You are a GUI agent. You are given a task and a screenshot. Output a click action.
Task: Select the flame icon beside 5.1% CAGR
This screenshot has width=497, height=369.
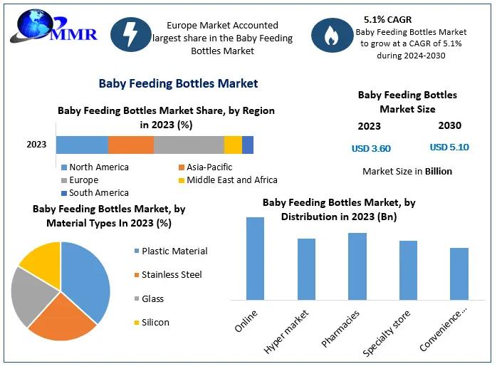click(x=331, y=36)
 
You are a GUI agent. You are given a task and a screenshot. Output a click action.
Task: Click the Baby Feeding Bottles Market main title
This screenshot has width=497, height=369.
click(x=178, y=83)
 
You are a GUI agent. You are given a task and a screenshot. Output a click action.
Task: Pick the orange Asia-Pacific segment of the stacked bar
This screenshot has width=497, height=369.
click(x=131, y=145)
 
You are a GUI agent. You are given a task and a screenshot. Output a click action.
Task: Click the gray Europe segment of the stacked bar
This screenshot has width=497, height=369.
click(x=189, y=145)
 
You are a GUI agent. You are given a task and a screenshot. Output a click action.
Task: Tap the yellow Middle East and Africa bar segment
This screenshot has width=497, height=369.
click(x=233, y=145)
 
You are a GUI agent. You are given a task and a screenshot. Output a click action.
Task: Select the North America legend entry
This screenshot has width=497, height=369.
click(x=98, y=167)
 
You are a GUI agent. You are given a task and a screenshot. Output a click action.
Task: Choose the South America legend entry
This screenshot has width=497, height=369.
click(x=98, y=192)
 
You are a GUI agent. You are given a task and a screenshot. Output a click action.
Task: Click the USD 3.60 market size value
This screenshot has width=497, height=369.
click(x=371, y=148)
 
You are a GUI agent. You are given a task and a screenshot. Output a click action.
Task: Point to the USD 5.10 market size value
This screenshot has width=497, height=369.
click(x=449, y=147)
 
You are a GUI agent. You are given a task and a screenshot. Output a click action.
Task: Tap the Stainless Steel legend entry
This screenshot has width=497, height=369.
click(x=171, y=274)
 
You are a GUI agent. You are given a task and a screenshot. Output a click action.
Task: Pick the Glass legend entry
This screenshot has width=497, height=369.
click(x=152, y=298)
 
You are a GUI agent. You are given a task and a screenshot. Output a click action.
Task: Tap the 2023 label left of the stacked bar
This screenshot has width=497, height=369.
click(x=36, y=145)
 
